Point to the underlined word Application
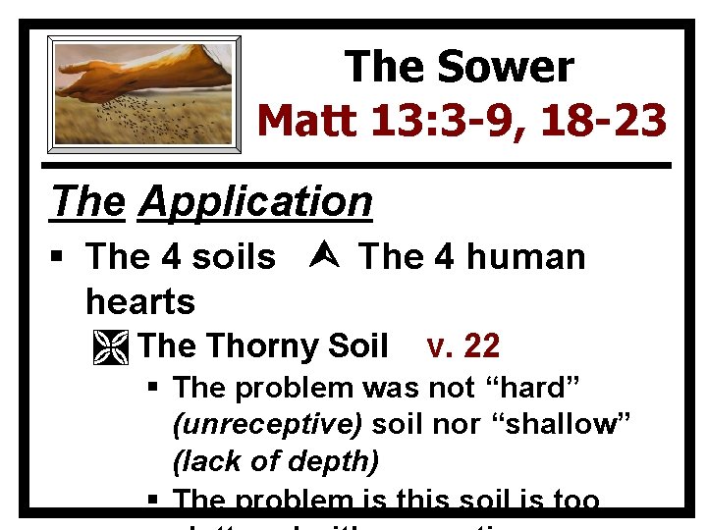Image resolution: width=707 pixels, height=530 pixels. pyautogui.click(x=255, y=202)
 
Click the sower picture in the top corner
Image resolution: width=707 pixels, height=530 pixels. pyautogui.click(x=144, y=93)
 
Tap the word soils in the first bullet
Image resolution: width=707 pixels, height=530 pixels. pyautogui.click(x=234, y=257)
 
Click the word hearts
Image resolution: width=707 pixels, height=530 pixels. pyautogui.click(x=140, y=300)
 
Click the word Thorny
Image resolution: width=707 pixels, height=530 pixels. pyautogui.click(x=263, y=346)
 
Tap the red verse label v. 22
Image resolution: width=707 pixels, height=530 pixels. pyautogui.click(x=463, y=346)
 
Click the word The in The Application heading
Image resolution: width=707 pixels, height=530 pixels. pyautogui.click(x=88, y=202)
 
